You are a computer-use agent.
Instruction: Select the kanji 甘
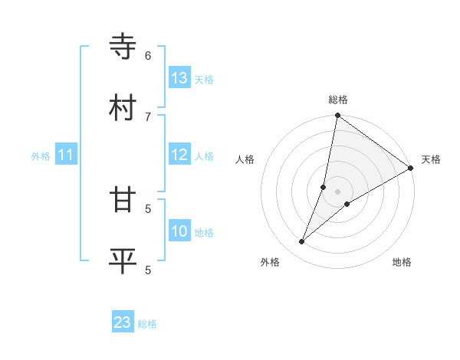coord(124,200)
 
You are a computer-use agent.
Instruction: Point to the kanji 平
coord(124,260)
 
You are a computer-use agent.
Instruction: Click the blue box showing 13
coord(179,78)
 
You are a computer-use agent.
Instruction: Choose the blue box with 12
coord(179,155)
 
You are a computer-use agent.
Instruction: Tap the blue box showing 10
coord(179,232)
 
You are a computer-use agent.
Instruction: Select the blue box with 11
coord(66,155)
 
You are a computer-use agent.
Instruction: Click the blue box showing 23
coord(123,322)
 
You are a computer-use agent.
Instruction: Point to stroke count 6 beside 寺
coord(148,56)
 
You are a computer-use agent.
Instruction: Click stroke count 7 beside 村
coord(148,116)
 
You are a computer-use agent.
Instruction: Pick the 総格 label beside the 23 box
coord(148,324)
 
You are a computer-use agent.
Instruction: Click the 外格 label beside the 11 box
coord(41,156)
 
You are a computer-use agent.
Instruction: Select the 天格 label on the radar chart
coord(431,159)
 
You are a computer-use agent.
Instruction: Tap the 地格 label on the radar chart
coord(402,262)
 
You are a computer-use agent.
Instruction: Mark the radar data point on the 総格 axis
coord(337,116)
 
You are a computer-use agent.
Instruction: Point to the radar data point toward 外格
coord(302,242)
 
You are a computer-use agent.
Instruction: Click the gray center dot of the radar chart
coord(337,191)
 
